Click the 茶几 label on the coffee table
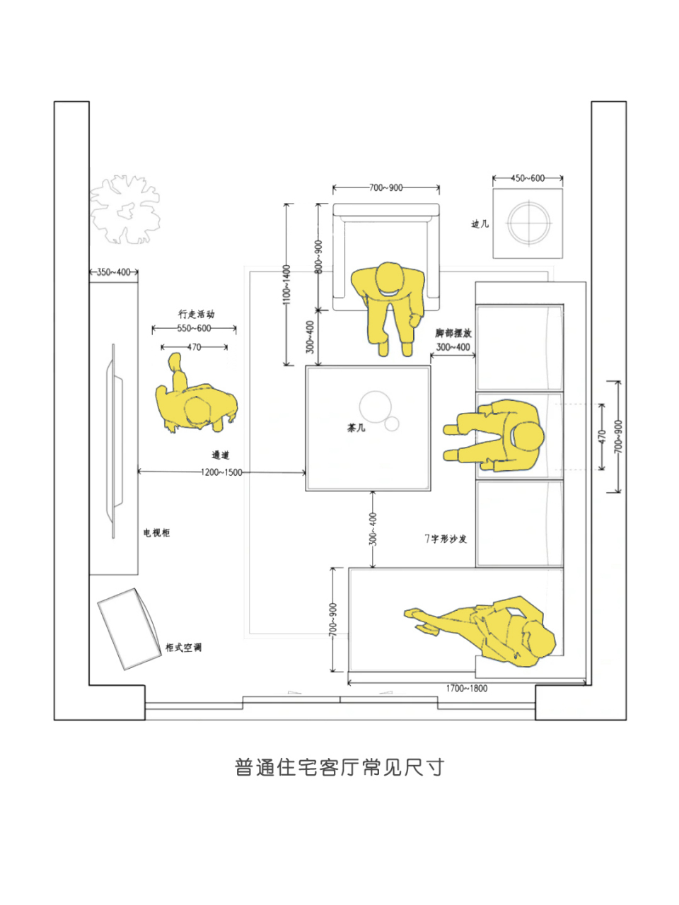(x=356, y=428)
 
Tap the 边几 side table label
(x=480, y=224)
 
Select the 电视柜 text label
(x=156, y=532)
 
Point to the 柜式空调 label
(x=183, y=647)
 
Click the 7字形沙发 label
(x=446, y=539)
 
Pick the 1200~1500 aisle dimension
(x=221, y=472)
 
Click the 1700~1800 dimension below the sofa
(x=466, y=688)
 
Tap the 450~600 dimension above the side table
(x=528, y=178)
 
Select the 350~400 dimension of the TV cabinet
(x=113, y=272)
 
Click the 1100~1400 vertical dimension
(x=286, y=285)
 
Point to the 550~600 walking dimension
(x=194, y=328)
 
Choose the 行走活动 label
(x=196, y=314)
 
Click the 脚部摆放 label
(x=453, y=333)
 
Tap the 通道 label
(x=220, y=455)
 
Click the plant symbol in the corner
(x=124, y=209)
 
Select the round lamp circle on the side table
(x=528, y=223)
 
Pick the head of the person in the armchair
(x=390, y=279)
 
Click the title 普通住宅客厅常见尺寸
(x=339, y=767)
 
